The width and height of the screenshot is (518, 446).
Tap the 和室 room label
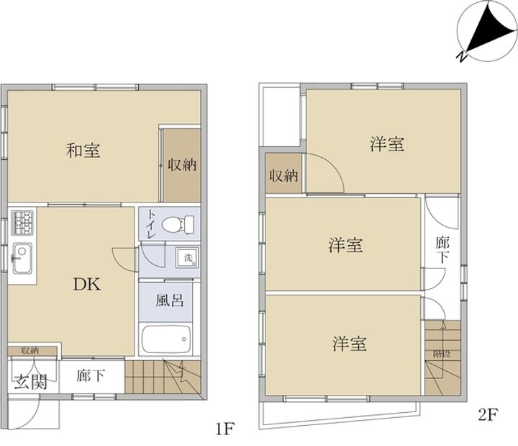(83, 151)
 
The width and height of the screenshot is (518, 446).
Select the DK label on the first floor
(85, 284)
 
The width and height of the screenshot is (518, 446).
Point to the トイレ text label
(151, 224)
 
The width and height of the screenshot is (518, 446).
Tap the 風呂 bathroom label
(170, 298)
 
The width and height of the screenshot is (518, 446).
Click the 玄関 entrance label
(30, 381)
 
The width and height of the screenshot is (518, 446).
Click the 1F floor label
(224, 431)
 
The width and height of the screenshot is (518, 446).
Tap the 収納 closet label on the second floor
(283, 175)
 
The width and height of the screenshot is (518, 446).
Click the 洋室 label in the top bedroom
(386, 144)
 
